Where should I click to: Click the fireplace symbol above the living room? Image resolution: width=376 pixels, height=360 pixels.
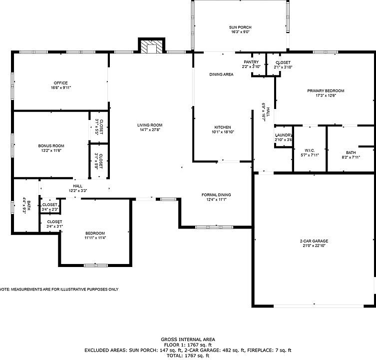click(x=151, y=46)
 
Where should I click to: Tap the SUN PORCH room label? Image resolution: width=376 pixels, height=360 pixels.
click(x=241, y=27)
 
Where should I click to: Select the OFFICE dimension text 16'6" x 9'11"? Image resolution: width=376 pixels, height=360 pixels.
click(x=60, y=87)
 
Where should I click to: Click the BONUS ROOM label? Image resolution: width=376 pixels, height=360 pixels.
click(x=51, y=145)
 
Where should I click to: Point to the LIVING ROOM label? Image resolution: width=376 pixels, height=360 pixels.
click(x=150, y=125)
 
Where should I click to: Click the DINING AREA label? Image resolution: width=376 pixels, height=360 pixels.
click(x=221, y=74)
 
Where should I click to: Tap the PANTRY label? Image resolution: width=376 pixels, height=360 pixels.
click(x=251, y=62)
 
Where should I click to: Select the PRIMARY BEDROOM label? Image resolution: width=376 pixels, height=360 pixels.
click(x=326, y=90)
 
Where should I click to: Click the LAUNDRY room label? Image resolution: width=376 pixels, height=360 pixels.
click(x=283, y=135)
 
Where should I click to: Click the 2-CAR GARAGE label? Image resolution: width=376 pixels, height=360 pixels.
click(x=314, y=241)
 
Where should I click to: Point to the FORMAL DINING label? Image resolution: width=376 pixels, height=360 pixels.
click(x=216, y=195)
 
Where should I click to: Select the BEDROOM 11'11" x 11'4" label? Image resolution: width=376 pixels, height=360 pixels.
click(x=95, y=233)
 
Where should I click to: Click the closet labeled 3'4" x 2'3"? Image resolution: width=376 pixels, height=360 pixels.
click(x=50, y=205)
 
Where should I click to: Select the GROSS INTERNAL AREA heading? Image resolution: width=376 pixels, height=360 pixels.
click(x=187, y=339)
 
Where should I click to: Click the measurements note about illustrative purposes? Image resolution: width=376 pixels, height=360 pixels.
click(x=59, y=289)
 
